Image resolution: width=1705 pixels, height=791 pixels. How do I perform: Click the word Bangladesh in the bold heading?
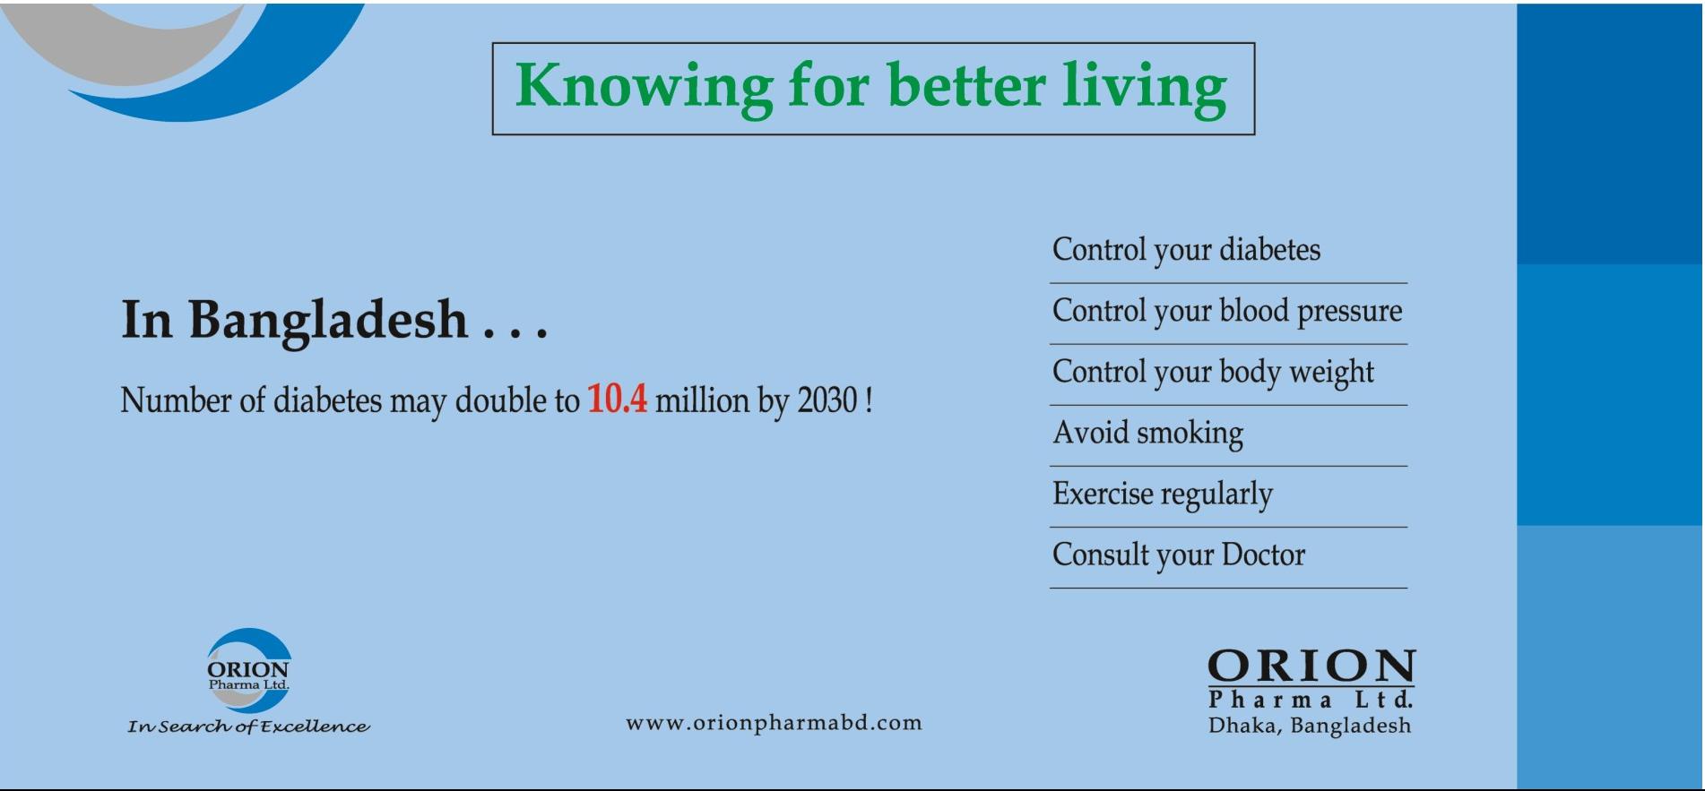pos(328,321)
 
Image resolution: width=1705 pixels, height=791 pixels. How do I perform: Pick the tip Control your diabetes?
pos(1186,250)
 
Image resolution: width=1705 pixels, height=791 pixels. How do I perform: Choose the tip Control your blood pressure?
pos(1227,311)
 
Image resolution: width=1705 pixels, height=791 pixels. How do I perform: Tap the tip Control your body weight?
pos(1213,372)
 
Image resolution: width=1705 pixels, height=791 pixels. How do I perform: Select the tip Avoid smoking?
pos(1147,433)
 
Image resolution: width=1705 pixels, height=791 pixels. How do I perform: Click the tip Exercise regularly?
pos(1163,494)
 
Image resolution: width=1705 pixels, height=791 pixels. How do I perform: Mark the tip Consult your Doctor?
pos(1179,555)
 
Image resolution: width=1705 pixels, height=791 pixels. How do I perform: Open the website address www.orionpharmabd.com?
pos(774,723)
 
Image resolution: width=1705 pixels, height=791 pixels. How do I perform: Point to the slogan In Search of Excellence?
pos(248,727)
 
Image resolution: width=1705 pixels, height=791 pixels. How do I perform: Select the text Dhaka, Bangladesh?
pos(1310,726)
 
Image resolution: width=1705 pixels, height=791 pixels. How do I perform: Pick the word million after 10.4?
pos(702,400)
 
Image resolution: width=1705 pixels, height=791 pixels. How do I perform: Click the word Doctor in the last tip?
pos(1263,555)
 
